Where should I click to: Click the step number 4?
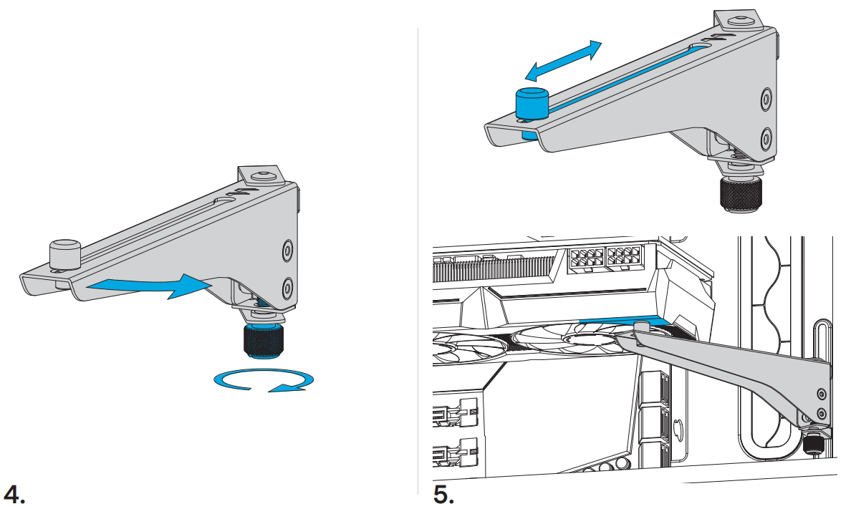click(14, 495)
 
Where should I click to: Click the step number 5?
click(444, 495)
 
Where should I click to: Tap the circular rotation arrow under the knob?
click(264, 380)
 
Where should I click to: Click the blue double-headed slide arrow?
click(564, 61)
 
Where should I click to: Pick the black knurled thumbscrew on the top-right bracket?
click(738, 194)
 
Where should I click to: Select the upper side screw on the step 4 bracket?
click(288, 251)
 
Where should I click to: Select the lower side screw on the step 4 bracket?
click(288, 288)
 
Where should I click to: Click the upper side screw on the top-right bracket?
click(765, 98)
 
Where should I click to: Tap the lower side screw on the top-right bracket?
click(765, 138)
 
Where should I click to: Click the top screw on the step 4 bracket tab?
click(263, 176)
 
